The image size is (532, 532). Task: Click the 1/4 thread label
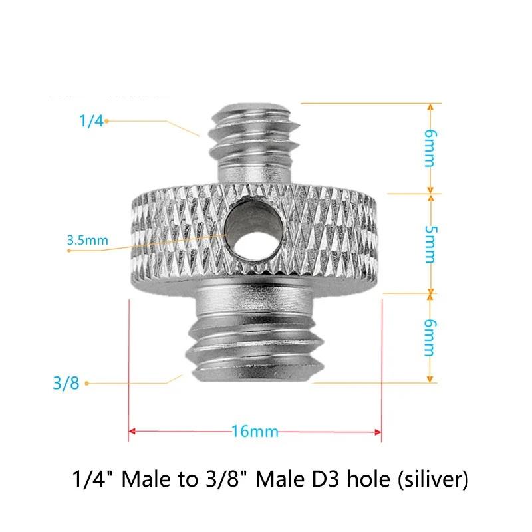pyautogui.click(x=91, y=121)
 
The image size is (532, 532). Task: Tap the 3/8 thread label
pyautogui.click(x=66, y=384)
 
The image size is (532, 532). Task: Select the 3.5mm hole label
pyautogui.click(x=88, y=240)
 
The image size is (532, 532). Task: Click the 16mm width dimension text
pyautogui.click(x=255, y=432)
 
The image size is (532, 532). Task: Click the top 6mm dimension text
pyautogui.click(x=430, y=148)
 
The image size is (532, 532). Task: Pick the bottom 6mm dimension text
pyautogui.click(x=430, y=338)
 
